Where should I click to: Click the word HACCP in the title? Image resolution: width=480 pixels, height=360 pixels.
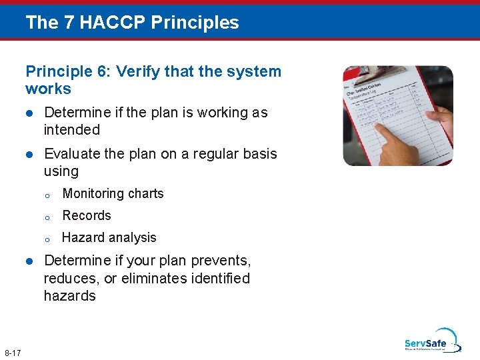click(x=114, y=22)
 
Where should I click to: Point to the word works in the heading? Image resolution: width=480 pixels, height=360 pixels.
click(x=48, y=89)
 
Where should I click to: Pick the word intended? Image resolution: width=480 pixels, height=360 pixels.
click(x=72, y=130)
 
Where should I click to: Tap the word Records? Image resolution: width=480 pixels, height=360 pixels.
click(x=87, y=216)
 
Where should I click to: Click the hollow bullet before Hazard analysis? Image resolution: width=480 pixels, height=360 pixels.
click(x=48, y=239)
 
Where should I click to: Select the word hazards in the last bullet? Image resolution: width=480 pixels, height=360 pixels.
click(x=70, y=296)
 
